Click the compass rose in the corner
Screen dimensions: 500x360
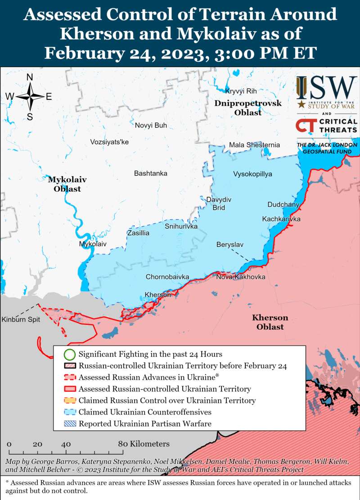[30, 96]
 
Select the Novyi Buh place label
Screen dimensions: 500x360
[151, 125]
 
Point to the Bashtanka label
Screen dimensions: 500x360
[151, 173]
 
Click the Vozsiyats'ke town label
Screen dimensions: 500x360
[109, 142]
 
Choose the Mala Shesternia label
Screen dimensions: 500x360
[254, 145]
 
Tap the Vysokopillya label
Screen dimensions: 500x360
[252, 174]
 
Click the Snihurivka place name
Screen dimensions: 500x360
[181, 226]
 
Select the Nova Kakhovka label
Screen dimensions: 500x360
[240, 277]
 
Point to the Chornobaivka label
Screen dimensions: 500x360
[167, 277]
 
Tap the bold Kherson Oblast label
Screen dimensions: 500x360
[270, 322]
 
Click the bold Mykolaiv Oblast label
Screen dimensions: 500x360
[67, 184]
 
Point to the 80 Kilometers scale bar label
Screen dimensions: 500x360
[144, 444]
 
